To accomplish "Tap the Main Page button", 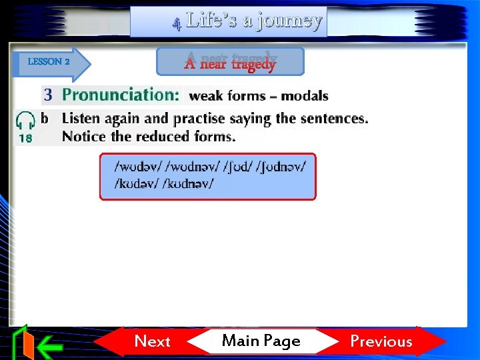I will [261, 341].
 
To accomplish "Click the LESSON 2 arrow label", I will [49, 62].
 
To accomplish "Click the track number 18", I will [25, 139].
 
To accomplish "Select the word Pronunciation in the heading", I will [121, 95].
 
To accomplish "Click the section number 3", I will [48, 95].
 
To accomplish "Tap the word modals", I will [305, 96].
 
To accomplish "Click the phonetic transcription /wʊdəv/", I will [137, 165].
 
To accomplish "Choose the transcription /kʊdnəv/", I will [189, 183].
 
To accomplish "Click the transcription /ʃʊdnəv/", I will [281, 165].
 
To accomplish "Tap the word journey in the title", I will [282, 21].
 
